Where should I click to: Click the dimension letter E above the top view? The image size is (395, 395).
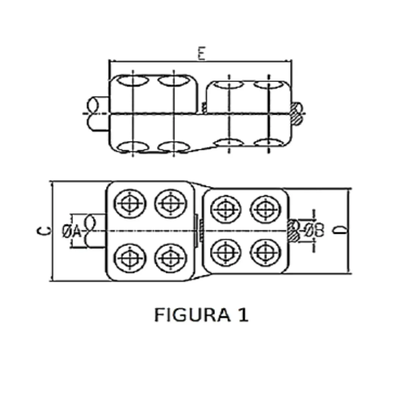click(201, 54)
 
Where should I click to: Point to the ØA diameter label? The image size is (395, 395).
click(72, 231)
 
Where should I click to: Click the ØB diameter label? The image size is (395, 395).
click(315, 231)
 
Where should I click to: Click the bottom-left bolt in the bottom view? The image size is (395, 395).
click(130, 258)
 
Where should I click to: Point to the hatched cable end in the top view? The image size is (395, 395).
click(297, 113)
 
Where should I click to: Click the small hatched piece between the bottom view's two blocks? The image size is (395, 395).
click(200, 231)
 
